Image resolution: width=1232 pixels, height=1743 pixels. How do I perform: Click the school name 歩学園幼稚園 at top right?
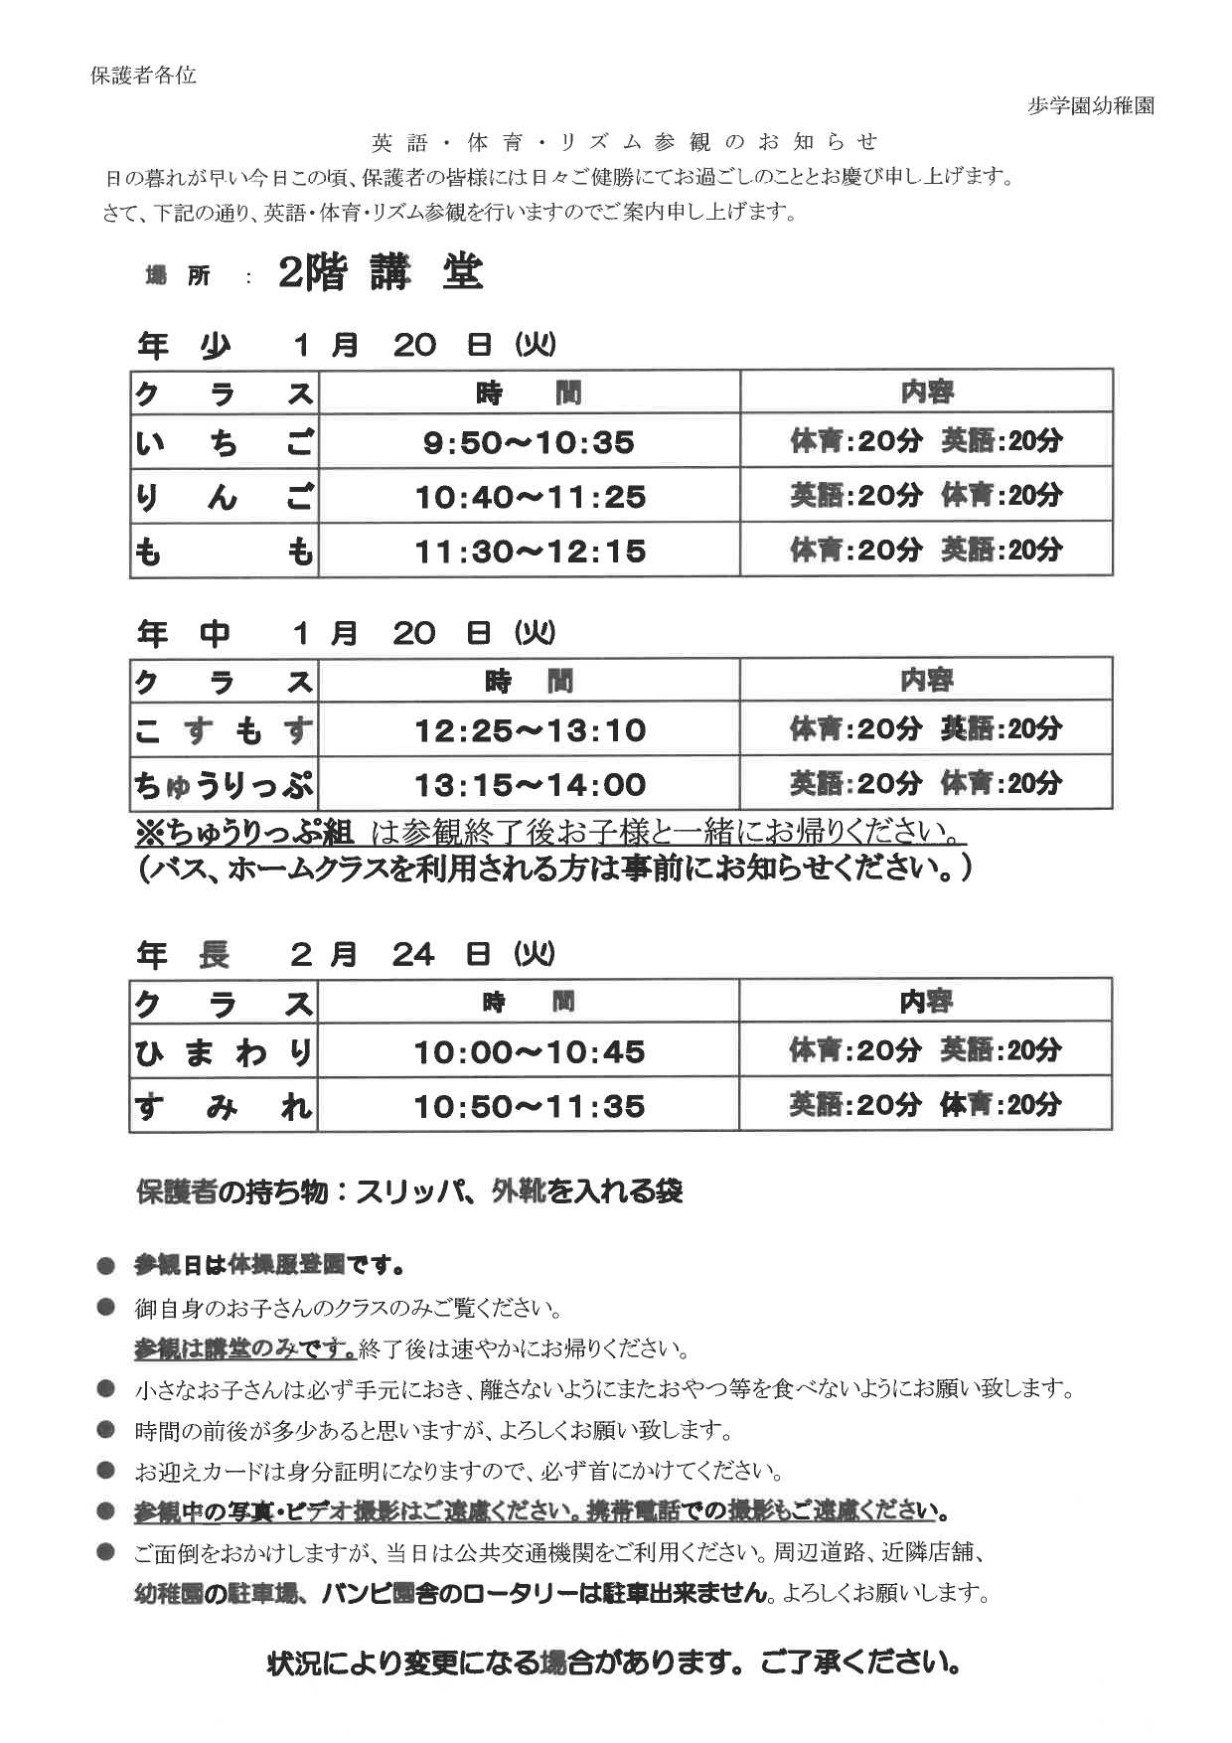click(1090, 106)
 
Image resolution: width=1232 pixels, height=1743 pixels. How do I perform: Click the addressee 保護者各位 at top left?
click(143, 76)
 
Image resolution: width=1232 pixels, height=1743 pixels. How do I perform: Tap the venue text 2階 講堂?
click(381, 273)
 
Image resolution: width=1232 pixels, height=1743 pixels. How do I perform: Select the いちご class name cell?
click(224, 441)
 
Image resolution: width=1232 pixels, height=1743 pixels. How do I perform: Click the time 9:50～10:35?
click(529, 442)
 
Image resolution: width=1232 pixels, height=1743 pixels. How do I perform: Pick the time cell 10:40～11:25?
click(530, 496)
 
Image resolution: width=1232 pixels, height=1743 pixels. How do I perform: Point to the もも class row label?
click(224, 551)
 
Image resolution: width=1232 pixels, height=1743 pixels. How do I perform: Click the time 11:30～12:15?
click(530, 551)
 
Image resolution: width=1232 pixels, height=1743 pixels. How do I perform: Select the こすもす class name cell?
click(224, 730)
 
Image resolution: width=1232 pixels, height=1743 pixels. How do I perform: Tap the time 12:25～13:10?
click(530, 730)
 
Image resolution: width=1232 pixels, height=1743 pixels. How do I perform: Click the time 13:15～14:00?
click(530, 785)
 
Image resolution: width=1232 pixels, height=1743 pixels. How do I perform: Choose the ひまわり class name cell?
click(224, 1051)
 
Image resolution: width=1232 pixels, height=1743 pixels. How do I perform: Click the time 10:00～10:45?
click(530, 1051)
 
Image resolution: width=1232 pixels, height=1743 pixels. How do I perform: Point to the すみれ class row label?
click(224, 1106)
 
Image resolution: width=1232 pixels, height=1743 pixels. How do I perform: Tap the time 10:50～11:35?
click(530, 1106)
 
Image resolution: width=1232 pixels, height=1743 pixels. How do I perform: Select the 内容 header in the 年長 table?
click(925, 1002)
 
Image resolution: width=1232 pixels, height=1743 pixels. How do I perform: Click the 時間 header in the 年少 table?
click(529, 394)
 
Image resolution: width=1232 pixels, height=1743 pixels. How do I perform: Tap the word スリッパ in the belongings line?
click(411, 1190)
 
